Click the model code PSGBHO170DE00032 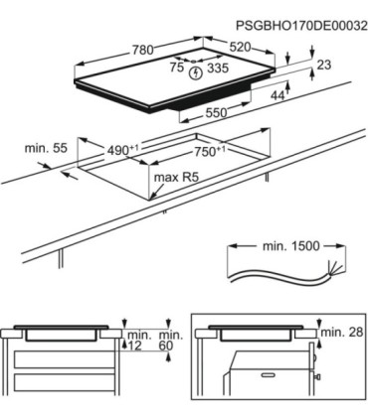[x=301, y=26]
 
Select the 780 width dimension [x=143, y=50]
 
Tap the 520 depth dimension [x=240, y=47]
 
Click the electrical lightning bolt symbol [x=196, y=73]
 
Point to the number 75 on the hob [x=177, y=68]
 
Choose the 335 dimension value [x=218, y=69]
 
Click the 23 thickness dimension [x=324, y=65]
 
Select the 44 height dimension [x=277, y=95]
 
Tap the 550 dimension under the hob [x=217, y=113]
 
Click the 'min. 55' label [x=46, y=148]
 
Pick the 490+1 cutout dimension [x=122, y=150]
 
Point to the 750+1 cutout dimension [x=210, y=152]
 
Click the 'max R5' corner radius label [x=176, y=178]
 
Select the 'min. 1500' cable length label [x=291, y=246]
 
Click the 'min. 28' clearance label [x=342, y=332]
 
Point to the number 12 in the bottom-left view [x=134, y=346]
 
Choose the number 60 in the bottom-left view [x=166, y=346]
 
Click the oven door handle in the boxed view [x=270, y=375]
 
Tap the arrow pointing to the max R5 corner [x=157, y=192]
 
